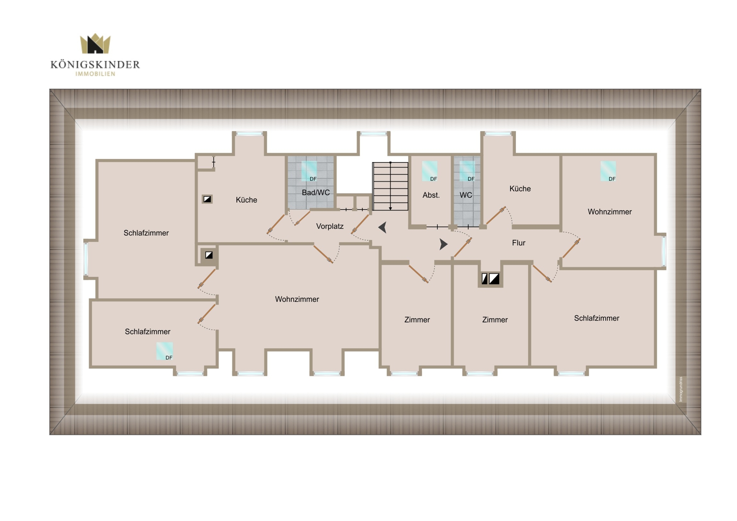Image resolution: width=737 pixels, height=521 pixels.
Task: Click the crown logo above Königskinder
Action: (95, 43)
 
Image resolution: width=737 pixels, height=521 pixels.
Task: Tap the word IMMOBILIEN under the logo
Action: (95, 74)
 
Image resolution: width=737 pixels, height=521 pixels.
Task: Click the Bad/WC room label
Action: (316, 193)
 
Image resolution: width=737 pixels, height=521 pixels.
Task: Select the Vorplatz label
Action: (330, 227)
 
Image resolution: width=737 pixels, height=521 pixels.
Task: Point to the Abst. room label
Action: (431, 195)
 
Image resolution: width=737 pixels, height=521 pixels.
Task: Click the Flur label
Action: (519, 243)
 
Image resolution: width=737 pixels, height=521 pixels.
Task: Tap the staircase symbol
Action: (390, 186)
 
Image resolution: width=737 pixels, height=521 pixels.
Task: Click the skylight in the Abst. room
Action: (430, 171)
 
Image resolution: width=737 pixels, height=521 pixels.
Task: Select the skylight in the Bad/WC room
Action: (309, 171)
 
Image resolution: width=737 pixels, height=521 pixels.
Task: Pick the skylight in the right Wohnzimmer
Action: (608, 171)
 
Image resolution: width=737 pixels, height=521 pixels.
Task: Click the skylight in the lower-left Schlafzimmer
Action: (165, 351)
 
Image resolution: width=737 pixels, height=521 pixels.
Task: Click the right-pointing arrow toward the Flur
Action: (444, 244)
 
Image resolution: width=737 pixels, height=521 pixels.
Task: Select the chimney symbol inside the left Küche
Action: (207, 199)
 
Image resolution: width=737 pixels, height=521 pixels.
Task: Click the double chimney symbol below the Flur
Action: (491, 279)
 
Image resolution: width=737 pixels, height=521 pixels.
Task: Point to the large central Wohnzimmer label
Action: (297, 299)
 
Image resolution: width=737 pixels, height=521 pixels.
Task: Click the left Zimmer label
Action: (417, 320)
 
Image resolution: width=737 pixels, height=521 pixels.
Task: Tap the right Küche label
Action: (520, 189)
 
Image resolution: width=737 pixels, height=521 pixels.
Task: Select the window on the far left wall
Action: (86, 258)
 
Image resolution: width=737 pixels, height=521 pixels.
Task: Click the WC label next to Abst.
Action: (466, 195)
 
